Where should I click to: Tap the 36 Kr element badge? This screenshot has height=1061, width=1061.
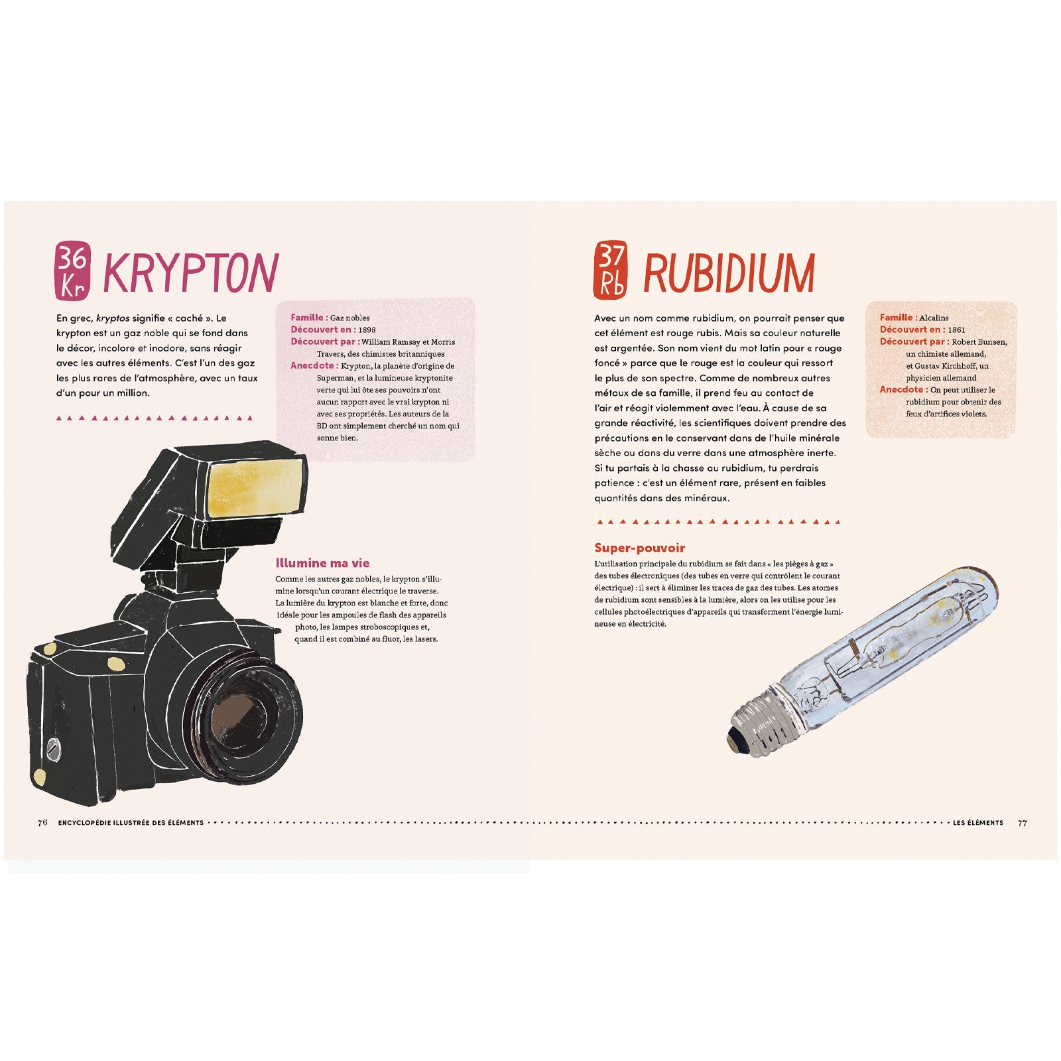pos(72,270)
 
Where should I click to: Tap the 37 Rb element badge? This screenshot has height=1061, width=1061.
pos(610,270)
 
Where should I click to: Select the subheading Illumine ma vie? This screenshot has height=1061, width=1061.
pos(322,563)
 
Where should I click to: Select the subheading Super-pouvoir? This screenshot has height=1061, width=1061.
pos(639,548)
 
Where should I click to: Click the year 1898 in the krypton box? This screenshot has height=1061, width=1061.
pos(367,330)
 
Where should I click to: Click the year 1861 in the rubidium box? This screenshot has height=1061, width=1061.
pos(956,330)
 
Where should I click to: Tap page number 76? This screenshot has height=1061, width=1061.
pos(42,822)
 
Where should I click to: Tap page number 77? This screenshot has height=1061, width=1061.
pos(1023,822)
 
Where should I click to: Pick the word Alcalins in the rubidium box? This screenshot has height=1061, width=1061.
pos(934,318)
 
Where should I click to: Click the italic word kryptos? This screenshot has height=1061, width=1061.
pos(113,318)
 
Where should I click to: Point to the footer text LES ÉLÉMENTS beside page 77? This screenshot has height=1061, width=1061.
pos(977,822)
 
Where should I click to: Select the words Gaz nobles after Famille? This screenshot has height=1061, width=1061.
pos(349,318)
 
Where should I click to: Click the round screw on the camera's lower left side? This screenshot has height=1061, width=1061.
pos(53,749)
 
